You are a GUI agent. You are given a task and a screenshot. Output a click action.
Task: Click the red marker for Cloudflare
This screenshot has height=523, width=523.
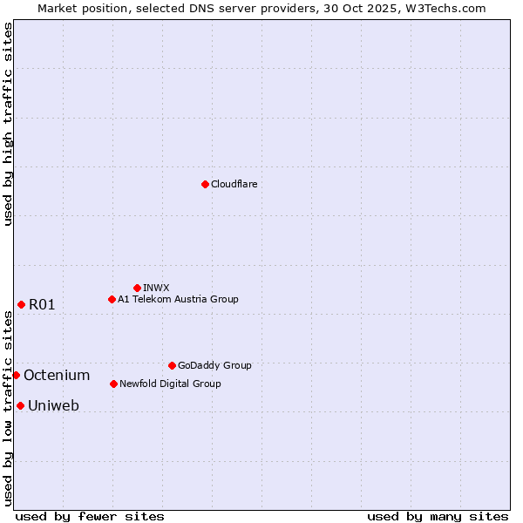point(205,184)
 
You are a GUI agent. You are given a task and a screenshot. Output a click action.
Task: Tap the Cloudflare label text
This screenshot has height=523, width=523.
point(234,184)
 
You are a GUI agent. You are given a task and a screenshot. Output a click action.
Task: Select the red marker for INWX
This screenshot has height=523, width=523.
point(137,288)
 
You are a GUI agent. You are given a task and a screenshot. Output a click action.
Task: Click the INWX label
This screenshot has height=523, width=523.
point(156,288)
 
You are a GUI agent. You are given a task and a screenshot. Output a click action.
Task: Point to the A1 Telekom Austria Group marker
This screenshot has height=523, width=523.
point(112,299)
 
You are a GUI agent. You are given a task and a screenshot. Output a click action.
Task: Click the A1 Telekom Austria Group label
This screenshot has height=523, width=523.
point(178,299)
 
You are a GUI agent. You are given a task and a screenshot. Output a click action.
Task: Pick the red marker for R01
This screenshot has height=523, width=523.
point(21,304)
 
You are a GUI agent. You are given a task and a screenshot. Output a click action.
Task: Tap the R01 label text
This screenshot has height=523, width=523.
point(42,304)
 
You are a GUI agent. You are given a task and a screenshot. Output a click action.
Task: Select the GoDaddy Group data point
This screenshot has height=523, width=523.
point(172,365)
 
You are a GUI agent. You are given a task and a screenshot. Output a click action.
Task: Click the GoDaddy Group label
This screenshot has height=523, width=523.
point(214,365)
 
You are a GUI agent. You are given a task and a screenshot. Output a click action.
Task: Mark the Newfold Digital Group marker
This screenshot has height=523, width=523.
point(113,384)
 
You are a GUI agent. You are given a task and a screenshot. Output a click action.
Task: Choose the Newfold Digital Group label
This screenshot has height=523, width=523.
point(170,384)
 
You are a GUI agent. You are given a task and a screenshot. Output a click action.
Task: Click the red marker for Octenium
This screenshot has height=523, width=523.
point(16,375)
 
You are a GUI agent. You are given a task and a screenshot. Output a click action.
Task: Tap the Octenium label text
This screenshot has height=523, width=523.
point(57,375)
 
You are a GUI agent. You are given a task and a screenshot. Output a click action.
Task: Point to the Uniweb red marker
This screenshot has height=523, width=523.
point(20,405)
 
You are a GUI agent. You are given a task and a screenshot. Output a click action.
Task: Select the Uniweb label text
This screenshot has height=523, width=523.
point(53,405)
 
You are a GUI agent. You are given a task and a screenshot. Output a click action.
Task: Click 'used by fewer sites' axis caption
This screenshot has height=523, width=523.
point(90,516)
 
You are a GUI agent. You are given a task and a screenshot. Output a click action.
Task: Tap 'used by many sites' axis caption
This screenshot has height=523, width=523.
point(438,516)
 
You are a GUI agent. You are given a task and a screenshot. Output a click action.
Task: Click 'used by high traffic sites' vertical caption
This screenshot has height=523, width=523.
point(8,124)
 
